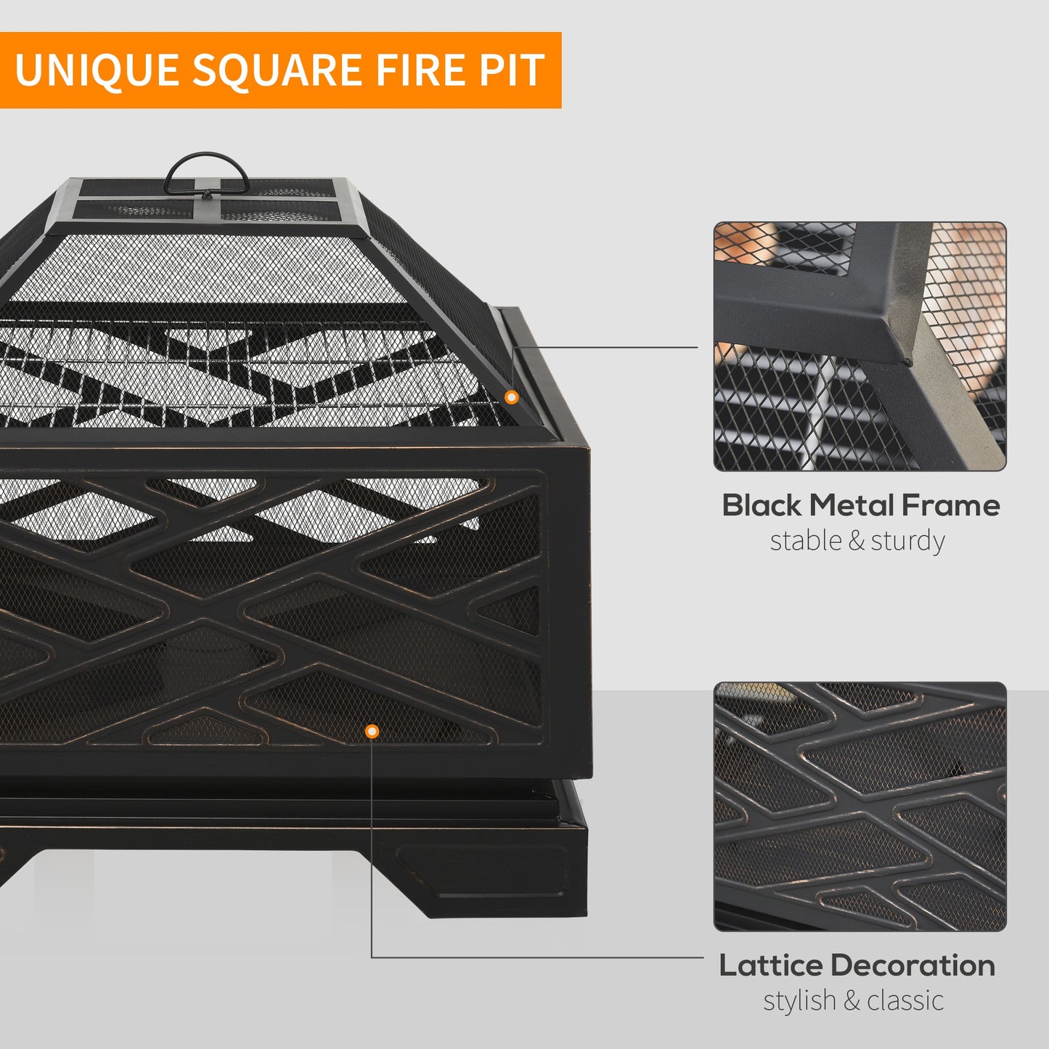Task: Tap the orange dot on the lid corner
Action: tap(512, 397)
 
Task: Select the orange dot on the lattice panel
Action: tap(372, 732)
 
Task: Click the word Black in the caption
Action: tap(762, 505)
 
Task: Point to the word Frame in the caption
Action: tap(957, 505)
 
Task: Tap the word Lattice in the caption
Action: tap(771, 966)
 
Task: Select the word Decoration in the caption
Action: tap(913, 966)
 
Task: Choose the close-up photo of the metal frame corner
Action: tap(860, 347)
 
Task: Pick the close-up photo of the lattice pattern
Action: tap(860, 807)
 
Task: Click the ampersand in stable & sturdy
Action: tap(857, 542)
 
